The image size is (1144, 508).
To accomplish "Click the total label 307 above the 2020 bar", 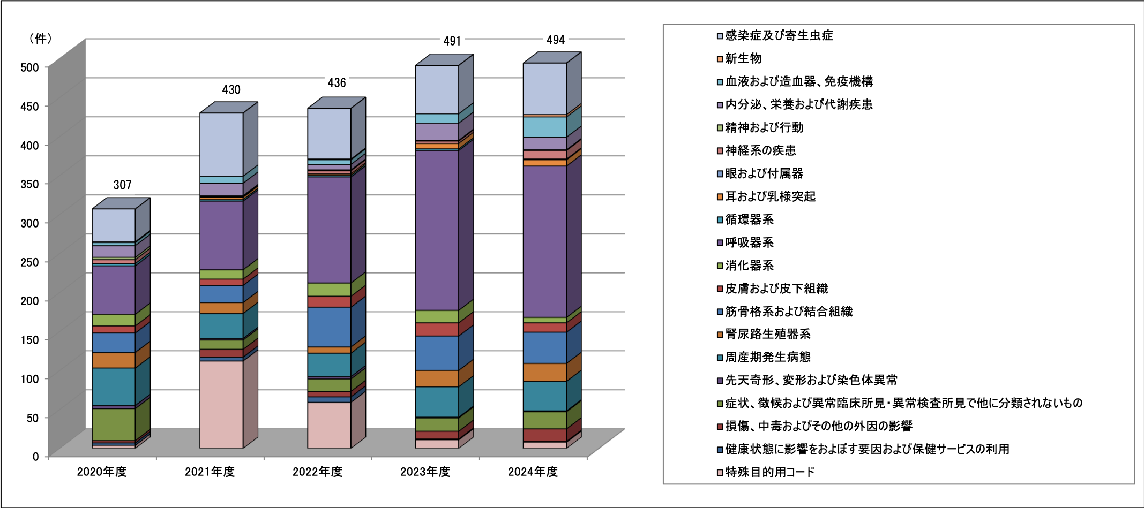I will (x=122, y=185).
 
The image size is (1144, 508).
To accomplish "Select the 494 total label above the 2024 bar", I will (x=555, y=40).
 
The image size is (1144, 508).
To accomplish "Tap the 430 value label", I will (x=231, y=89).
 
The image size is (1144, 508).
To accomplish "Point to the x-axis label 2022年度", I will (x=317, y=472).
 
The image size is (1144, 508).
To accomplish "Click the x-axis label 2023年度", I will (x=425, y=472).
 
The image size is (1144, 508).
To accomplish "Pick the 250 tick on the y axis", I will (x=29, y=262).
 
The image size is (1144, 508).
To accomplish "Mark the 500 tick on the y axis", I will (x=29, y=67).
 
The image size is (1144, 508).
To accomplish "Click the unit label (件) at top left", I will (x=40, y=39).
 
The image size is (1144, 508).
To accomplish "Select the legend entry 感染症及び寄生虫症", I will (x=779, y=36).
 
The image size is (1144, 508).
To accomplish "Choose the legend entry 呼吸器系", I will (x=749, y=242).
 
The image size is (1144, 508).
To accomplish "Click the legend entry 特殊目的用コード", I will (x=769, y=472).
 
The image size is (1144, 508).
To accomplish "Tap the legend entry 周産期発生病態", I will (x=767, y=357).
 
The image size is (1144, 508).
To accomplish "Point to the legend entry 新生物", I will (x=743, y=58).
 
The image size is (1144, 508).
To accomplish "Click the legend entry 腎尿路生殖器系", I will (x=767, y=334).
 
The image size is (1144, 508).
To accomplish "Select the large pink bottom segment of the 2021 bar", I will (x=221, y=404).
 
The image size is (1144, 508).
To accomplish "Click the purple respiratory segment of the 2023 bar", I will (x=437, y=230).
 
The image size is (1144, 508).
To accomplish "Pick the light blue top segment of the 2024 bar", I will (x=544, y=88).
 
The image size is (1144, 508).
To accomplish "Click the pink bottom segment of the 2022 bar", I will (x=329, y=425).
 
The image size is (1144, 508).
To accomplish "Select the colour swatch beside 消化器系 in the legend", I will (x=720, y=266).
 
